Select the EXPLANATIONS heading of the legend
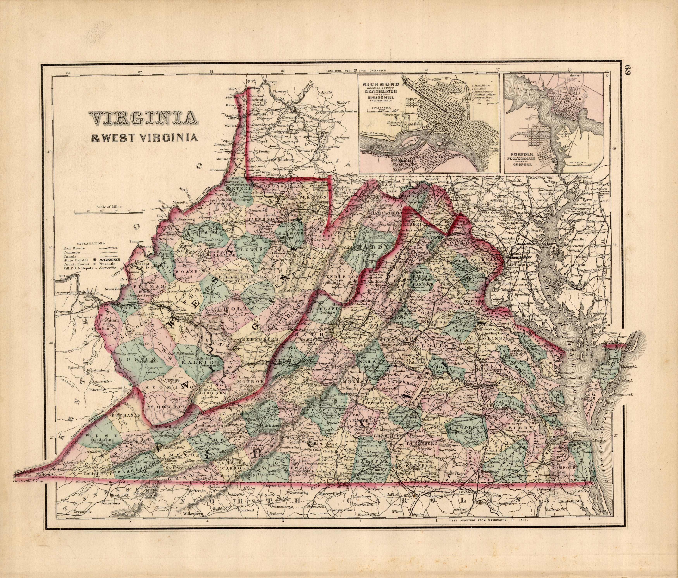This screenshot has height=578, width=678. pos(91,243)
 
